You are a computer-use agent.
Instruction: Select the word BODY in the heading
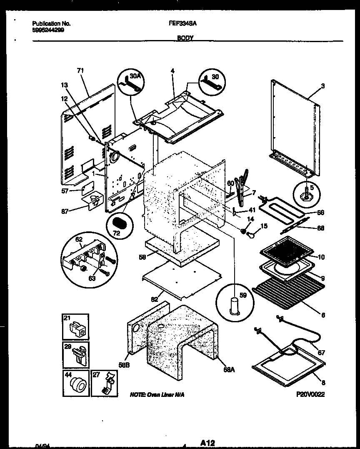point(185,38)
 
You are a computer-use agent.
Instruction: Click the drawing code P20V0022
point(310,394)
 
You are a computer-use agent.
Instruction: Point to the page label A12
point(210,442)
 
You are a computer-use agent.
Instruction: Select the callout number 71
point(80,71)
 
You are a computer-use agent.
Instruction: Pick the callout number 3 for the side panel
point(322,86)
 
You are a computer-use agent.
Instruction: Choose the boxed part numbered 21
point(76,327)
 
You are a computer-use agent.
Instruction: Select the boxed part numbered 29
point(76,354)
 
